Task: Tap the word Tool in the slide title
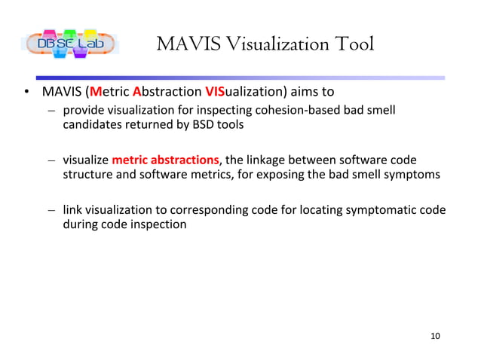point(349,44)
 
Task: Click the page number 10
point(434,335)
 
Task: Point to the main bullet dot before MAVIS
point(26,94)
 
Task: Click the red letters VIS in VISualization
point(214,93)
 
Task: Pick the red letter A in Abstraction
point(136,93)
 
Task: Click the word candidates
point(91,125)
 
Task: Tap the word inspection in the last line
point(159,224)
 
